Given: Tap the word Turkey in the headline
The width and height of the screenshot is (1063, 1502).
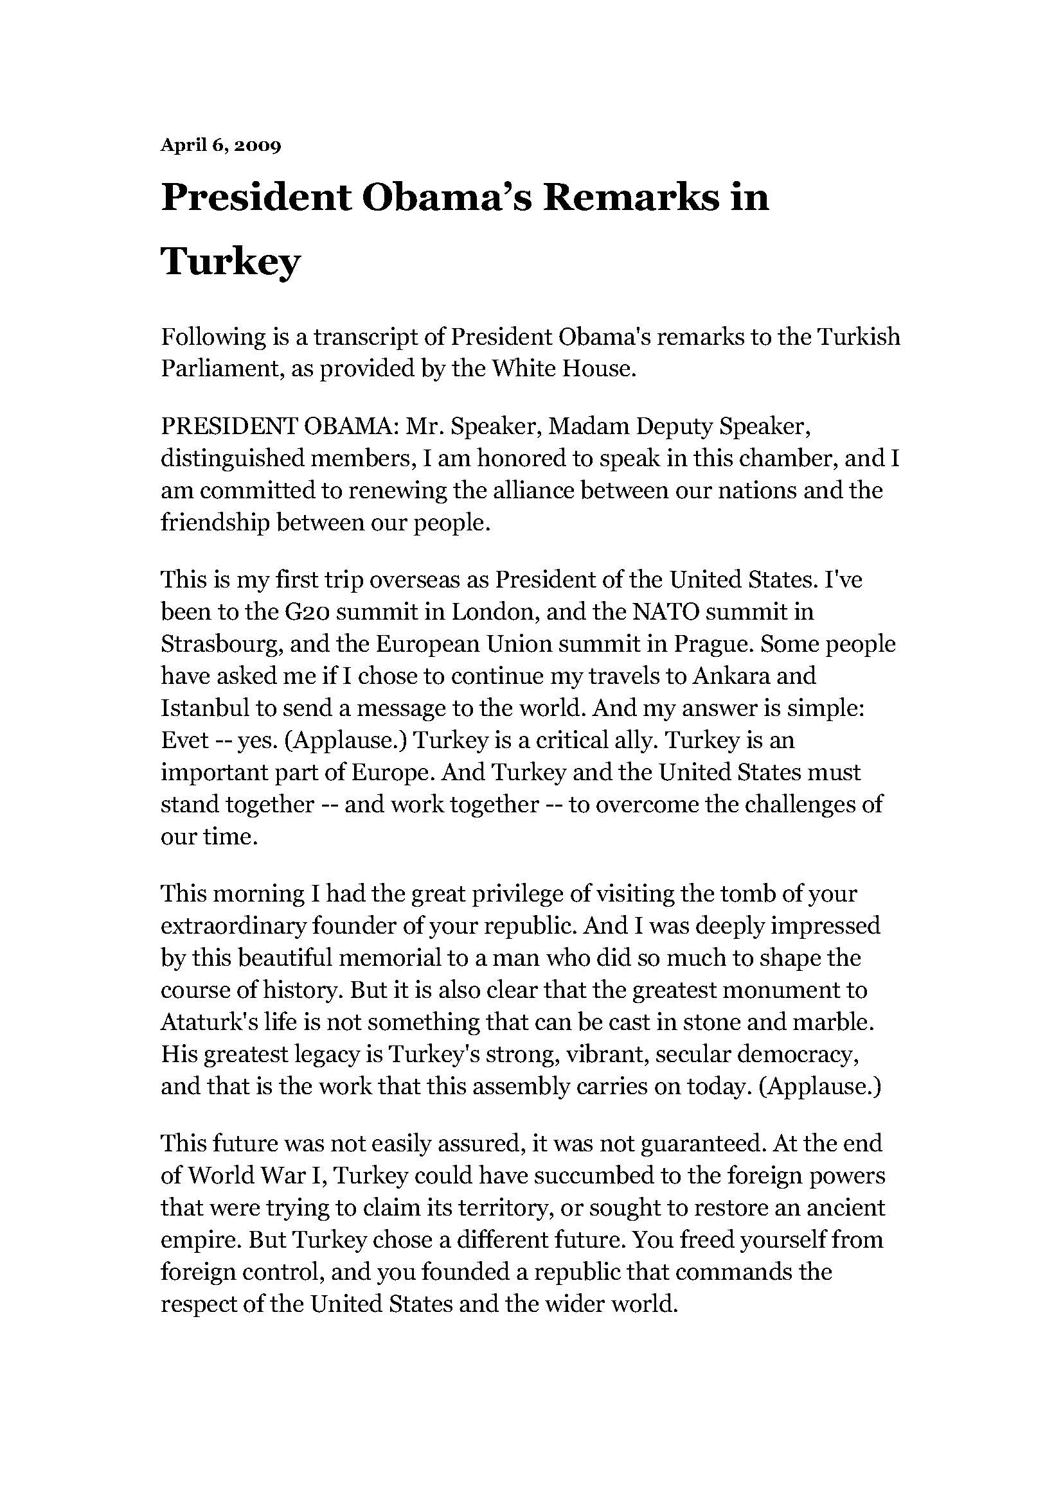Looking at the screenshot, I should point(231,261).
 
